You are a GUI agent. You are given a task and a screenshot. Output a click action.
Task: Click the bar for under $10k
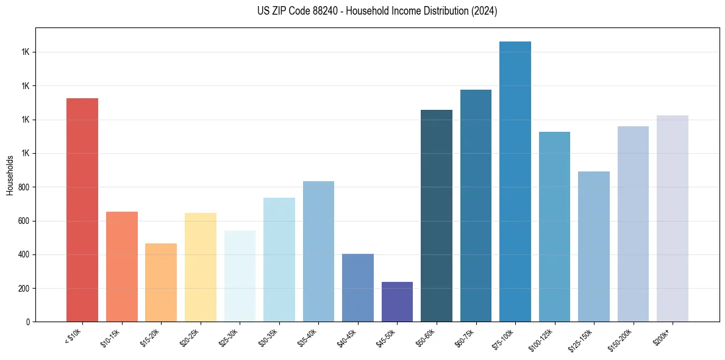pos(82,210)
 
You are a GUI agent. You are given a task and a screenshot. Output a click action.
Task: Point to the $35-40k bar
pos(318,251)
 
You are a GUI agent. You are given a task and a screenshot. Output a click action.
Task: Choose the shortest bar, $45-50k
pos(397,301)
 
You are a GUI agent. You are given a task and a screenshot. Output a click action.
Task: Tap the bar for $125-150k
pos(594,247)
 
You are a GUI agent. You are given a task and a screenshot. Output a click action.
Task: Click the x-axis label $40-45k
pos(346,337)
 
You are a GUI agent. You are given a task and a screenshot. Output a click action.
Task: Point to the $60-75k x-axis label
pos(465,337)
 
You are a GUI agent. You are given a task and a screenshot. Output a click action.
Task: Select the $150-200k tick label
pos(620,338)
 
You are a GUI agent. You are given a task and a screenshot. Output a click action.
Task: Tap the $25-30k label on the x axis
pos(229,337)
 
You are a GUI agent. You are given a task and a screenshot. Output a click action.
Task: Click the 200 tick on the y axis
pos(24,288)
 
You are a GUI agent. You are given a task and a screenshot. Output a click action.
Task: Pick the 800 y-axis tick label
pos(24,187)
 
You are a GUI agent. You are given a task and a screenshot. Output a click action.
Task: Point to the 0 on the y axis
pos(27,322)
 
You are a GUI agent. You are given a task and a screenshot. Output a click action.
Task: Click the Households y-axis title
pos(10,175)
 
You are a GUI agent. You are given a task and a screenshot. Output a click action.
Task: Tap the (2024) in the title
pos(484,11)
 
